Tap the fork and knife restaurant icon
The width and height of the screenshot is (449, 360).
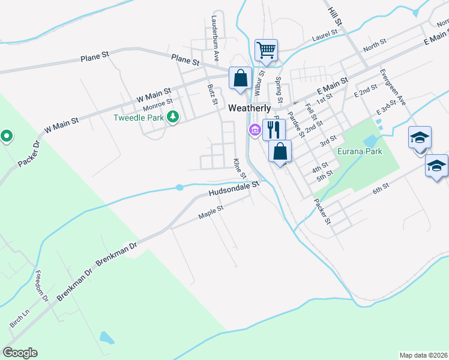coord(274,128)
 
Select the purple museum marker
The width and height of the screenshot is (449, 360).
coord(255,130)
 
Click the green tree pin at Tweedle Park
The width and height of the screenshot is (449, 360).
coord(173,117)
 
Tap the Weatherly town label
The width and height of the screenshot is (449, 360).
coord(250,108)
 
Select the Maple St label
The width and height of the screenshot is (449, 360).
coord(211,211)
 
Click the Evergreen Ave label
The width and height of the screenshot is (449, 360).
coord(393,86)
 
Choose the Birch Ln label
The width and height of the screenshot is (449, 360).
coord(19,318)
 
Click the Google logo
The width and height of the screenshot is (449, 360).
coord(20,352)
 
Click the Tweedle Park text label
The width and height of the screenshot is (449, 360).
coord(139,118)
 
